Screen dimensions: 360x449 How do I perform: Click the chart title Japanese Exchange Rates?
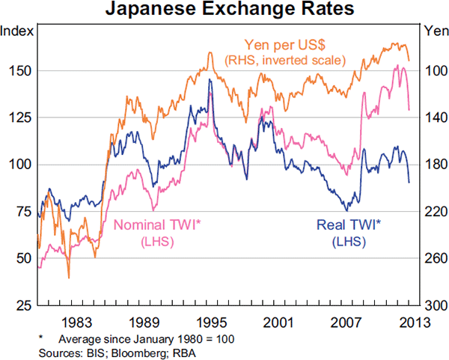point(224,10)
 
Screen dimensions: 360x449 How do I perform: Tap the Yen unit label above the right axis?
point(433,31)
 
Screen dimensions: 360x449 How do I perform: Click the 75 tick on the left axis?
point(21,211)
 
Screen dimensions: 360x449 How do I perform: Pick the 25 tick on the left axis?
point(21,305)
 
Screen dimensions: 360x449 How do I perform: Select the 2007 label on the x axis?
point(346,323)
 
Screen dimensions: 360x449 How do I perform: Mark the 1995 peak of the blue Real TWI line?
point(210,79)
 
